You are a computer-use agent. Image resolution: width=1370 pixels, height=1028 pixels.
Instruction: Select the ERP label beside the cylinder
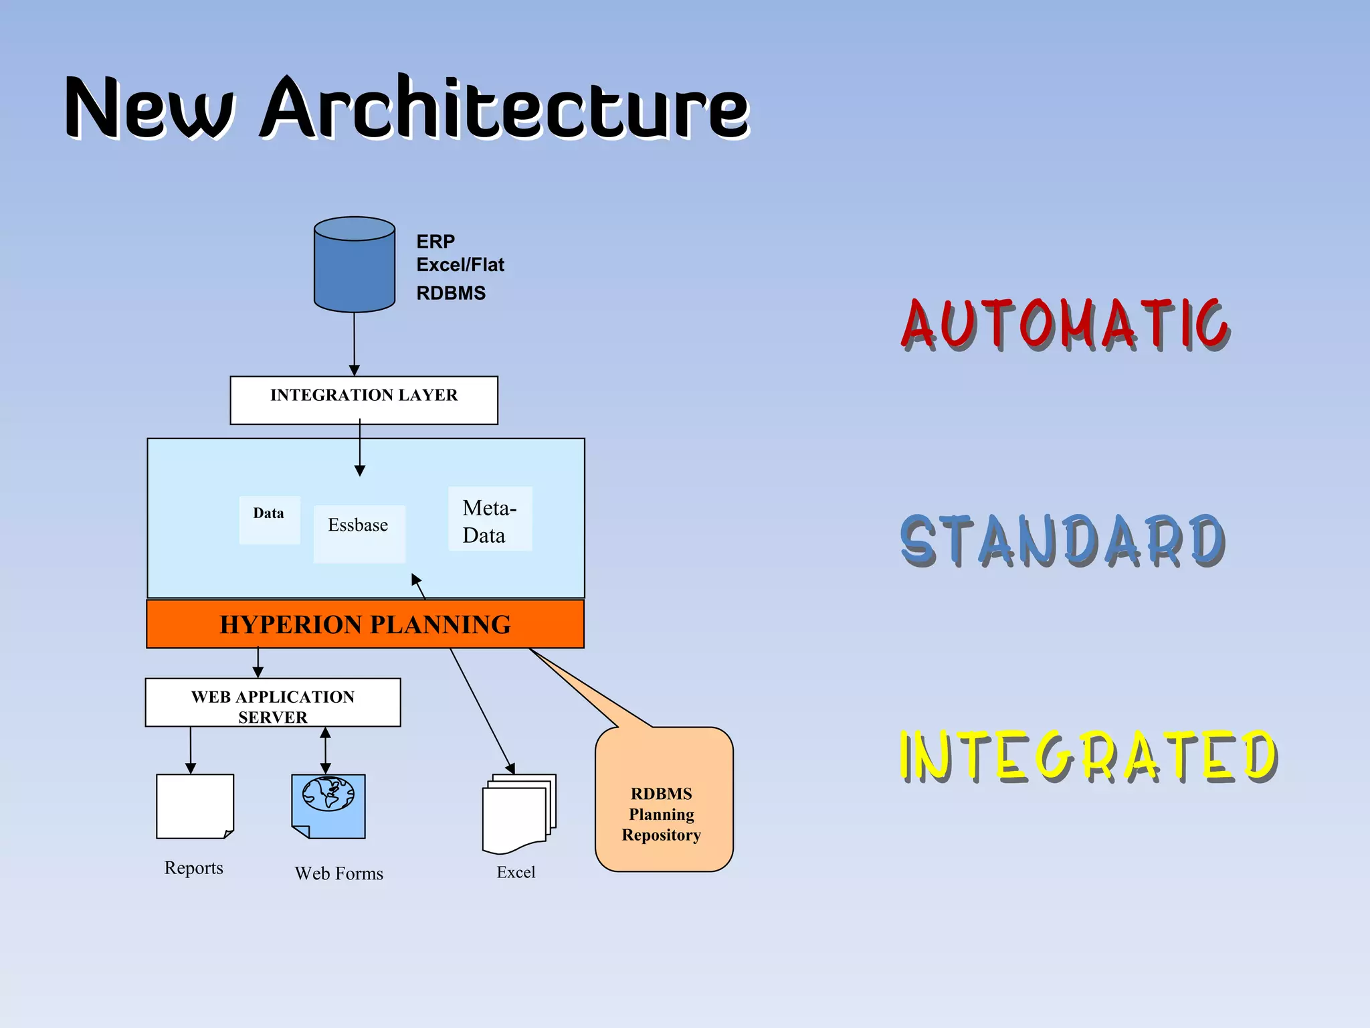tap(435, 241)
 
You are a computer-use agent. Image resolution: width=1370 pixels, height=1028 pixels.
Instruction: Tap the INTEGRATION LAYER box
tap(363, 400)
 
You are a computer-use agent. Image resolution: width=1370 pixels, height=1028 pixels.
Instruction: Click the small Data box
tap(269, 519)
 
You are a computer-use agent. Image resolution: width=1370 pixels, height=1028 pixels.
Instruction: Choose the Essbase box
tap(359, 532)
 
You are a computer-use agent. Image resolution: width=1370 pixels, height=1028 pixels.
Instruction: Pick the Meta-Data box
tap(490, 519)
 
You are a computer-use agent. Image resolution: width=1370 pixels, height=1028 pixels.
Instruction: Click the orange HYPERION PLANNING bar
tap(365, 624)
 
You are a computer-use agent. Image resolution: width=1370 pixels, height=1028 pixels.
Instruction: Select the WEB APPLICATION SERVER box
tap(272, 703)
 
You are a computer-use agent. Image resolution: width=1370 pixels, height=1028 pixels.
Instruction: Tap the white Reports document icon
tap(195, 805)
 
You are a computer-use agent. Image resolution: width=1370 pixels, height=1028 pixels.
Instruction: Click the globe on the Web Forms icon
tap(328, 794)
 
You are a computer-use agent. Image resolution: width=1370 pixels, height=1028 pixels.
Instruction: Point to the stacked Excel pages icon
tap(518, 812)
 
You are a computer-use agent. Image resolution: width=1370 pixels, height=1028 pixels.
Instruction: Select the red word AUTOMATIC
tap(1064, 325)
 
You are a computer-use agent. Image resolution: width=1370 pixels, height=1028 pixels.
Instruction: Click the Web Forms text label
tap(338, 873)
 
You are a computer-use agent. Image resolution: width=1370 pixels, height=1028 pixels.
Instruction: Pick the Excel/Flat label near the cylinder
tap(460, 265)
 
